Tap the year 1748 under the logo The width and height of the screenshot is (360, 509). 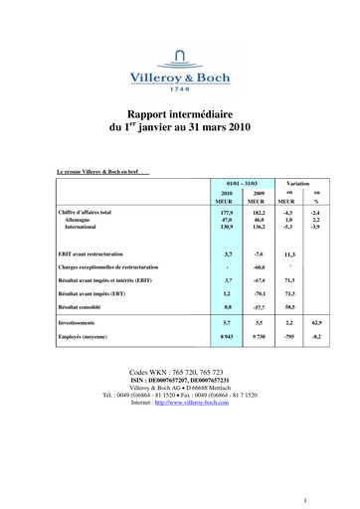[181, 88]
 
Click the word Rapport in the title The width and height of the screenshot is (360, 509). [149, 114]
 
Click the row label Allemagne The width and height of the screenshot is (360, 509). [79, 220]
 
